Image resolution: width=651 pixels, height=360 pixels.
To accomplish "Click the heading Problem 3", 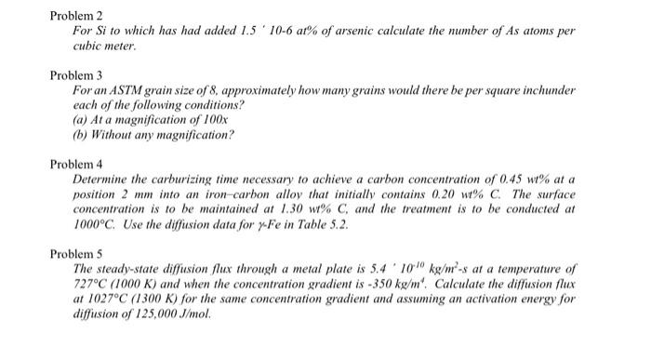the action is [73, 73].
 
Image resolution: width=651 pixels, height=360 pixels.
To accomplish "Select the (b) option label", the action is [78, 135].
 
